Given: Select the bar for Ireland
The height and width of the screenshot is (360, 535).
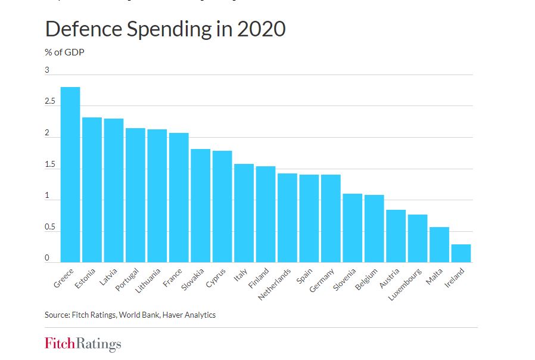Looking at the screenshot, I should pyautogui.click(x=461, y=253).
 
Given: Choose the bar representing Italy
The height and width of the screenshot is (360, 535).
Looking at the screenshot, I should pyautogui.click(x=244, y=213).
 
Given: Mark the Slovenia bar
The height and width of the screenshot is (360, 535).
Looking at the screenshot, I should pyautogui.click(x=352, y=228).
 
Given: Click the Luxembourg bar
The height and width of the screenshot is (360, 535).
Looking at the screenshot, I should pyautogui.click(x=417, y=238).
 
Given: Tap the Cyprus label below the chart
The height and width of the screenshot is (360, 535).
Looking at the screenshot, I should pyautogui.click(x=216, y=277).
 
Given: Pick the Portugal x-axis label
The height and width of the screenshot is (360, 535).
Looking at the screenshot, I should pyautogui.click(x=127, y=280).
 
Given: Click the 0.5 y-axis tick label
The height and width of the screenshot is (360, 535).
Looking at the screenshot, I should pyautogui.click(x=49, y=228).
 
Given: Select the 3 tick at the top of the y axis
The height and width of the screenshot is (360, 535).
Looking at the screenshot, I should pyautogui.click(x=47, y=71).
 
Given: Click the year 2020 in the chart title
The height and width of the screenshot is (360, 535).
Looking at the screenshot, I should pyautogui.click(x=261, y=29).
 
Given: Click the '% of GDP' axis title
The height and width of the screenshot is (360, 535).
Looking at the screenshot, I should pyautogui.click(x=64, y=52).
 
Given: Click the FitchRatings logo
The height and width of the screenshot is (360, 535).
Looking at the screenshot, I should pyautogui.click(x=83, y=344).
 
